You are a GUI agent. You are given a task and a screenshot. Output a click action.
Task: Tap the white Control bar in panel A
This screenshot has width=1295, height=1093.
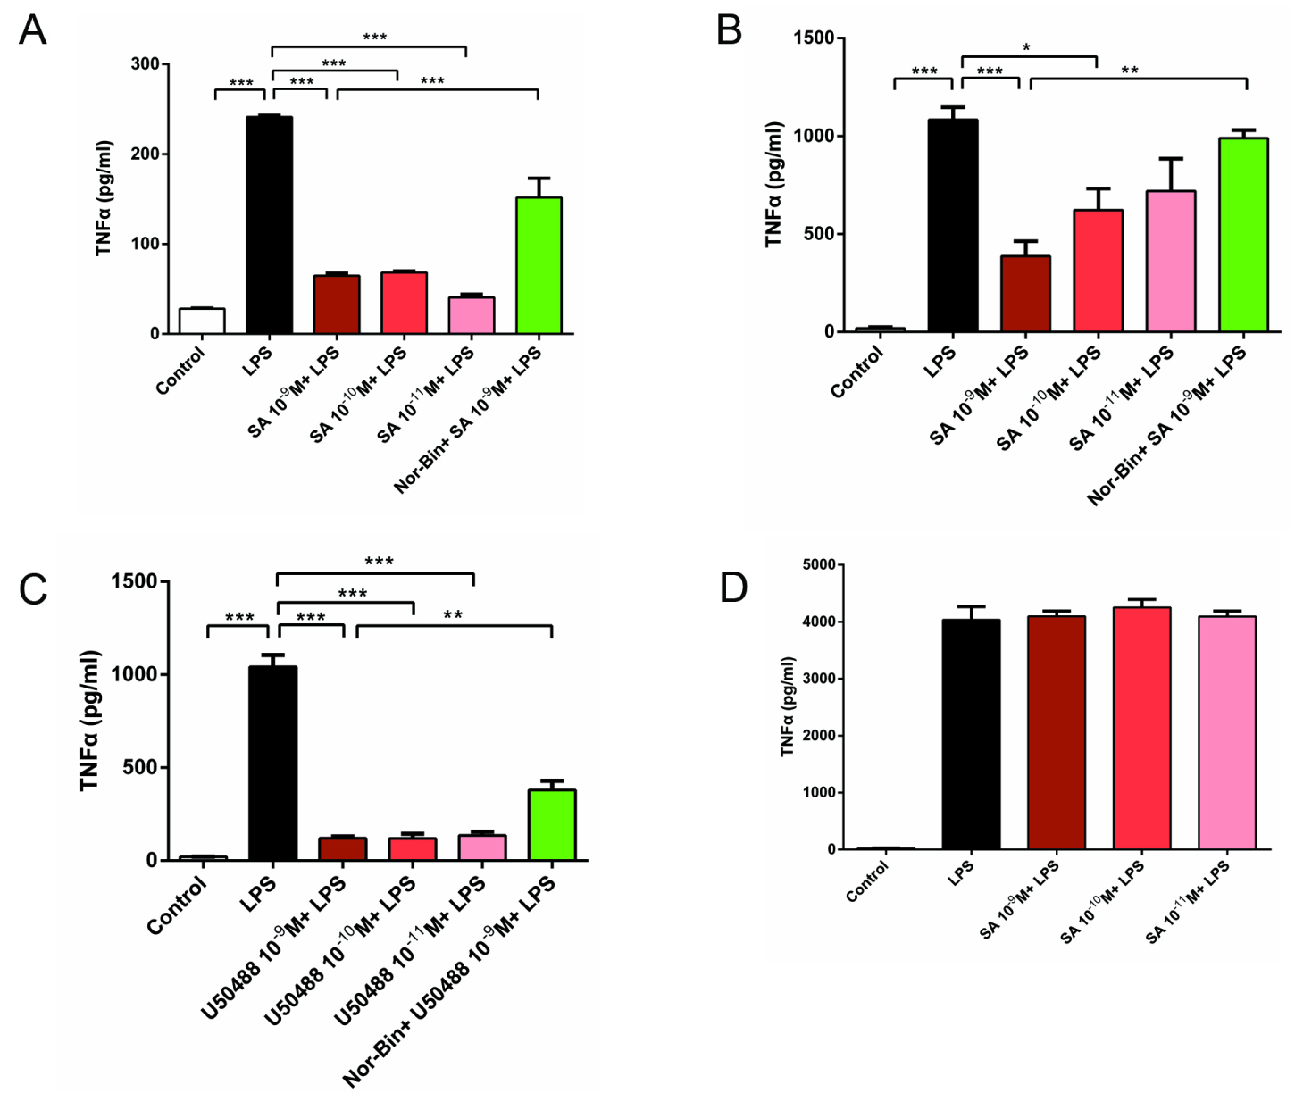(x=202, y=321)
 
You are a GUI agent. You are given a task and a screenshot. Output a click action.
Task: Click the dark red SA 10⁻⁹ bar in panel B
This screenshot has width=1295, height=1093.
(x=1025, y=294)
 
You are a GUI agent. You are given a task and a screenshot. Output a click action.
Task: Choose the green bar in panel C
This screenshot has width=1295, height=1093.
(x=552, y=824)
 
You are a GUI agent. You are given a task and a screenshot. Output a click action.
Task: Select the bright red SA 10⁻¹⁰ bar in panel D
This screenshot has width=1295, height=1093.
(x=1142, y=728)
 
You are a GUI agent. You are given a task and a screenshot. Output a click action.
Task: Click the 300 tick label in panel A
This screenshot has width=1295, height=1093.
(x=145, y=64)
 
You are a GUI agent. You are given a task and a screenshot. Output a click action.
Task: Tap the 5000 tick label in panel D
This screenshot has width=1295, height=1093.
(x=818, y=564)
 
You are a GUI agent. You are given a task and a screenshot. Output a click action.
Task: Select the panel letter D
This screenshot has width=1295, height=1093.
(x=733, y=588)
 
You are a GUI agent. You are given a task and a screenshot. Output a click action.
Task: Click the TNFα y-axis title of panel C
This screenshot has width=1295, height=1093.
(x=90, y=721)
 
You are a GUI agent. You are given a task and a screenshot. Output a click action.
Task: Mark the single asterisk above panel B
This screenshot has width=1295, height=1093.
(x=1026, y=48)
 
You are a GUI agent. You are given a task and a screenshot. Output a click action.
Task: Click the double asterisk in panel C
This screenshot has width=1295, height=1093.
(x=453, y=615)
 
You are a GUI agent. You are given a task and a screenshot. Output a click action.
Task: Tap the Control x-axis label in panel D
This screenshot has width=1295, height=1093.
(x=868, y=880)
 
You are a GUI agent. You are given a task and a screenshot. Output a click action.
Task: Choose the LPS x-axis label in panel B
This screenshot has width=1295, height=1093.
(x=940, y=361)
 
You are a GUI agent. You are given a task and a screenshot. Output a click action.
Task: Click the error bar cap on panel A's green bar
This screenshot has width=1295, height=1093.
(x=539, y=179)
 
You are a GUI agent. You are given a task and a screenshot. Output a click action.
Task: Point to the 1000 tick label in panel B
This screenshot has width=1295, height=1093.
(x=815, y=136)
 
